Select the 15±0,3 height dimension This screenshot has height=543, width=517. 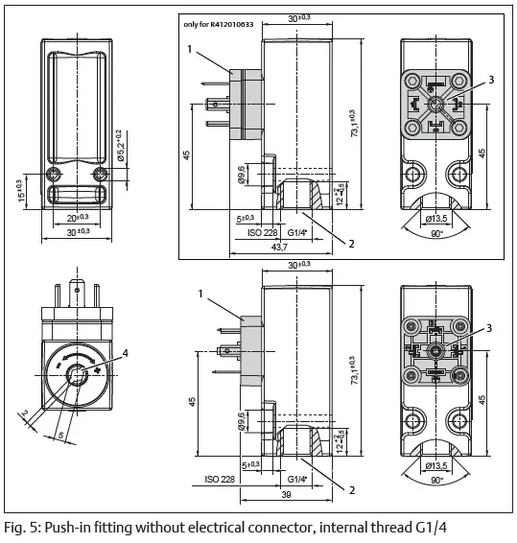click(x=19, y=190)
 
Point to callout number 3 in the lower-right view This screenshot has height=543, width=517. click(x=491, y=328)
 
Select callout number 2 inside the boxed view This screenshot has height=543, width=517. click(x=351, y=243)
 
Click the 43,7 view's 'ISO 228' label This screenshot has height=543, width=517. click(x=250, y=231)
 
